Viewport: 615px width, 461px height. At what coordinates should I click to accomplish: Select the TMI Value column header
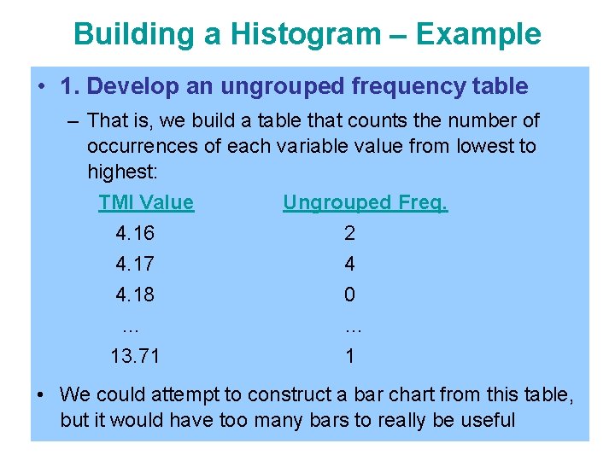pos(146,202)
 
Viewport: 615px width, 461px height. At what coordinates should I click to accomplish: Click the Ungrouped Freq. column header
pos(365,202)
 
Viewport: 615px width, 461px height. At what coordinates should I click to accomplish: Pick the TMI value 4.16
pos(135,233)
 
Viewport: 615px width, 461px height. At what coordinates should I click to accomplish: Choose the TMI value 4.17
pos(135,264)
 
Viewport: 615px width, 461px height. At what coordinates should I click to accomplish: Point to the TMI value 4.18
pos(135,295)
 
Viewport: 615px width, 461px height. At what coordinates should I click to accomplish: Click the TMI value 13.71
pos(135,356)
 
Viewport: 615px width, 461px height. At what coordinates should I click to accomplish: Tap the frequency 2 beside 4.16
pos(349,233)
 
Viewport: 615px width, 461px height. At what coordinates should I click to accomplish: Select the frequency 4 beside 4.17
pos(349,264)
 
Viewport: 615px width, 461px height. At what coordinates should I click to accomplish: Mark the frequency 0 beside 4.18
pos(349,295)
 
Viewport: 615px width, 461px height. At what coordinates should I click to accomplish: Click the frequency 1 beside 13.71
pos(349,356)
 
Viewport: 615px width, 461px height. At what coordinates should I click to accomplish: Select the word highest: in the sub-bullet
pos(122,172)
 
